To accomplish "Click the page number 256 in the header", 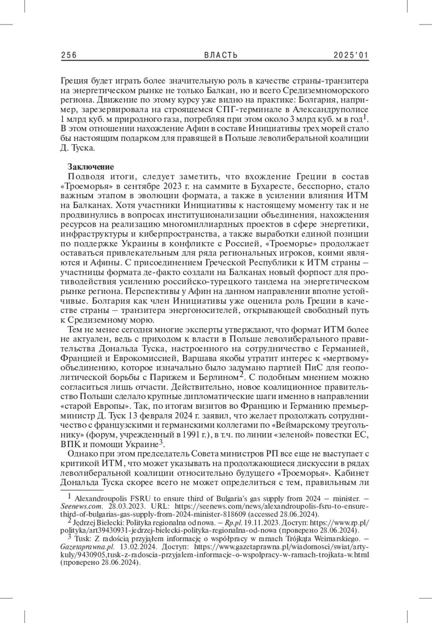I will coord(69,55).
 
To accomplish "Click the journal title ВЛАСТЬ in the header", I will coord(221,55).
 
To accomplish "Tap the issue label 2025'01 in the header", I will coord(351,55).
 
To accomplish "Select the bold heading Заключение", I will coord(91,167).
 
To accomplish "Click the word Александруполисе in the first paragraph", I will coord(330,109).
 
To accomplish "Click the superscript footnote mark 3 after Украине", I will coord(161,442).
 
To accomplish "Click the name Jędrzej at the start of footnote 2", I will coord(85,523).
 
